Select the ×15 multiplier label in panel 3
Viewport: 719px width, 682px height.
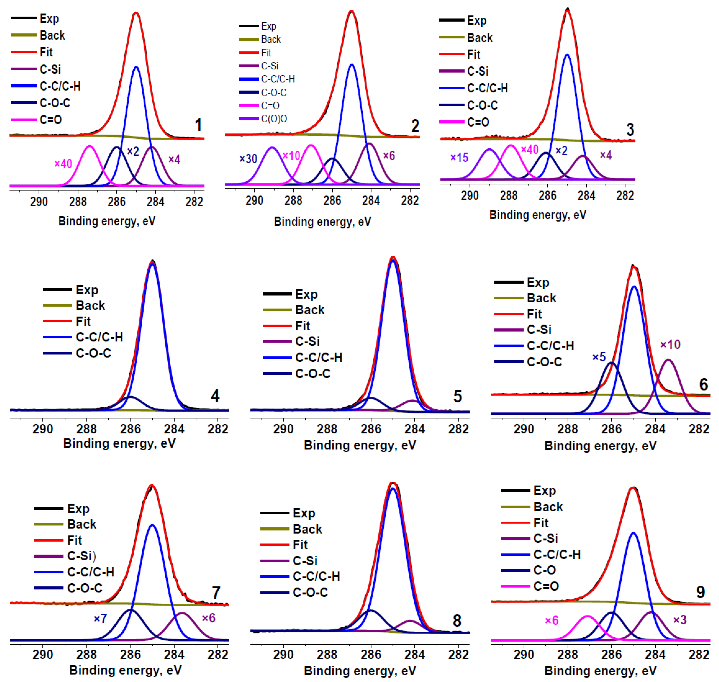(x=459, y=157)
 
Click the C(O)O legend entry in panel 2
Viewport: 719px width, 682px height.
(x=274, y=119)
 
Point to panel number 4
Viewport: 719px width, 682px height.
(x=215, y=396)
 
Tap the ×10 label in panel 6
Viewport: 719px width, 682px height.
(x=670, y=344)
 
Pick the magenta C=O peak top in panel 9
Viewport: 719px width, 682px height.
(x=587, y=616)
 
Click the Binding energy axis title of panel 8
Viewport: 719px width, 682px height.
(x=360, y=671)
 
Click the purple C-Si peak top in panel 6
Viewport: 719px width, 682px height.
(x=668, y=360)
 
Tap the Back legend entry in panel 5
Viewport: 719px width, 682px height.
(x=310, y=310)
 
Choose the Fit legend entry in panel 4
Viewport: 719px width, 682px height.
(x=83, y=321)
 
